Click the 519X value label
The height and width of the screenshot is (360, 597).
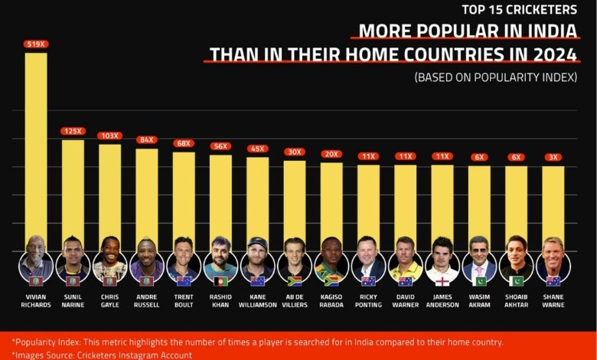point(36,44)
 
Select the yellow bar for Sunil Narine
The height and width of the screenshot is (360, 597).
point(73,195)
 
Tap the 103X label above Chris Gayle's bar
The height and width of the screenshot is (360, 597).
point(110,136)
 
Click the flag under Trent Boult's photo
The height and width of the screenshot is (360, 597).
point(184,281)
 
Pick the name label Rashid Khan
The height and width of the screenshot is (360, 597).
point(220,300)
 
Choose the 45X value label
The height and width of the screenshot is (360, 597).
point(258,149)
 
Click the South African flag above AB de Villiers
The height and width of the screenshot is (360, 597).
point(295,281)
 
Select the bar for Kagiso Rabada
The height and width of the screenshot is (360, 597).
point(331,207)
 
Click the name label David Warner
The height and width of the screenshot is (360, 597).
point(406,300)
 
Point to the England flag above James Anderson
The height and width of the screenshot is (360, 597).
point(442,281)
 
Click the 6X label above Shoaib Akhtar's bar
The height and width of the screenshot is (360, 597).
point(517,157)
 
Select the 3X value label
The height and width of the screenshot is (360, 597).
point(553,157)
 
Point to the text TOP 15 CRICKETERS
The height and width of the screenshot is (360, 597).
point(520,9)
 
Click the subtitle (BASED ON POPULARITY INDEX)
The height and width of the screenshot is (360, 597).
point(496,77)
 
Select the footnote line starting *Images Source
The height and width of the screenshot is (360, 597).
point(102,355)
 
